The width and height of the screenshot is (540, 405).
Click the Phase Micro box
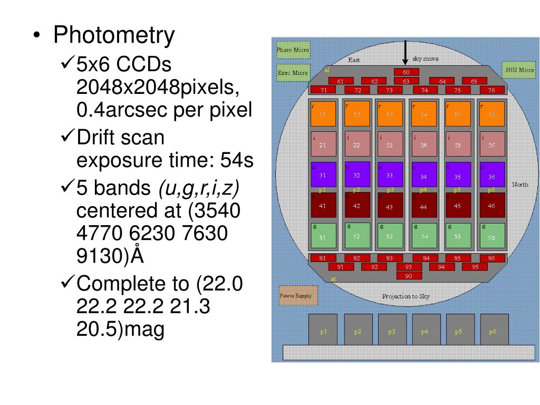tap(293, 51)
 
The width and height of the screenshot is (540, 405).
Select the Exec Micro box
tap(293, 73)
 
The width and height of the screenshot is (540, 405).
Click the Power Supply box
tap(298, 296)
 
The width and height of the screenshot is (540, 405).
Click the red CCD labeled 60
tap(406, 72)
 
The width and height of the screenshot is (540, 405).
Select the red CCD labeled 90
tap(409, 276)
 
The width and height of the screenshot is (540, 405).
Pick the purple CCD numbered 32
tap(357, 175)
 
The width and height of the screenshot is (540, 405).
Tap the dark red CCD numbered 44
tap(423, 206)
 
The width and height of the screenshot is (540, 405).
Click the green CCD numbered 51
tap(323, 237)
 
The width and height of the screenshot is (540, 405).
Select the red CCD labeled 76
tap(491, 90)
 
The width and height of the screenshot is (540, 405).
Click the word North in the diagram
tap(520, 185)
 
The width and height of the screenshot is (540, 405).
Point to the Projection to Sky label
tap(406, 296)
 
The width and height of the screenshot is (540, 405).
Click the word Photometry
tap(113, 35)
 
